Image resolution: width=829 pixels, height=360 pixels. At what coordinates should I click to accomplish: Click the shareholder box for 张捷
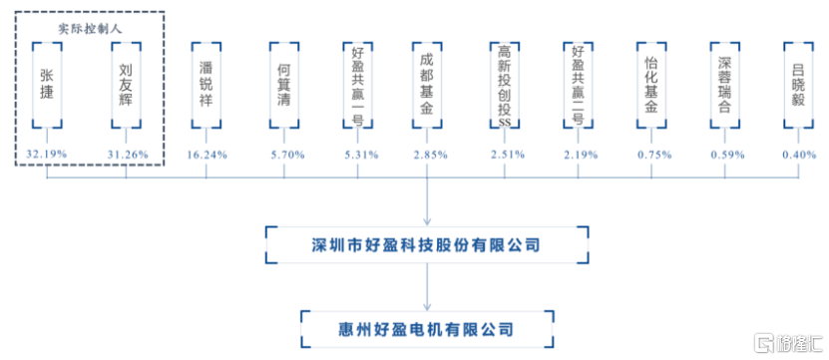tap(47, 85)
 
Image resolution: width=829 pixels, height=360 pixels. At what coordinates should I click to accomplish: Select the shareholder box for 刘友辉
tap(127, 85)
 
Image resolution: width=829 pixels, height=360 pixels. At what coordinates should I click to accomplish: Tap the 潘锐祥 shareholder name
tap(207, 85)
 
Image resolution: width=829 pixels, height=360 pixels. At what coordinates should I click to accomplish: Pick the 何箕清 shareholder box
tap(284, 85)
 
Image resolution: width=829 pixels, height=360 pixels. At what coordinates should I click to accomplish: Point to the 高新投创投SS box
tap(505, 85)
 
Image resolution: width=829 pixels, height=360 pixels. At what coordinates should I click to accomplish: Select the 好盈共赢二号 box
tap(579, 85)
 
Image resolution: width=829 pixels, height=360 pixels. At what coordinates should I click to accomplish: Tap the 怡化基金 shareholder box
tap(651, 85)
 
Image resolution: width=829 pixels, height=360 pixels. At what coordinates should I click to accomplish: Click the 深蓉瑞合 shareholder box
tap(725, 85)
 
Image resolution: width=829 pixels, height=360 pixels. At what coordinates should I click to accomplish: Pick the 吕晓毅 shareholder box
tap(798, 85)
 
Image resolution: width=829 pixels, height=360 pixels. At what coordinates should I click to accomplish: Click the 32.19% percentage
tap(47, 155)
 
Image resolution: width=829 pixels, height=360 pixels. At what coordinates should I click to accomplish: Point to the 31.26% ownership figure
tap(127, 155)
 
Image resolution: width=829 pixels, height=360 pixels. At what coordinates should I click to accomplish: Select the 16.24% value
tap(207, 155)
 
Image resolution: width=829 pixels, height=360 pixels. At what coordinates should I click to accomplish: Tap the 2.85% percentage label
tap(429, 155)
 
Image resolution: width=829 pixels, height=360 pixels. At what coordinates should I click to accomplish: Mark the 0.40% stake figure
tap(799, 155)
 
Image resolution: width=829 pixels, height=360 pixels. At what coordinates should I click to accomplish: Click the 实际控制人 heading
tap(90, 29)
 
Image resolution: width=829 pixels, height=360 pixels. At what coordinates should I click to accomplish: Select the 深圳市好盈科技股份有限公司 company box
tap(426, 245)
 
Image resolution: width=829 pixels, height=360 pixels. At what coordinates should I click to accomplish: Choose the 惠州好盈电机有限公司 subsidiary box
tap(426, 326)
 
